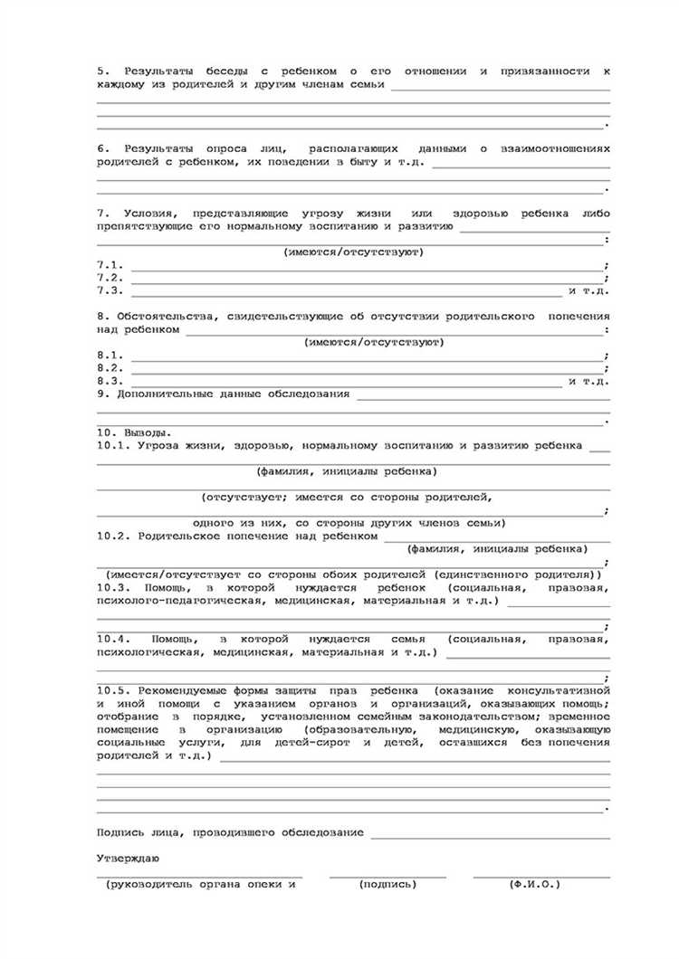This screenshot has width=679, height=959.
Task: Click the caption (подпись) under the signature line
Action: click(x=387, y=884)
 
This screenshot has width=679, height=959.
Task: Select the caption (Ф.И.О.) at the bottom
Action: click(x=535, y=884)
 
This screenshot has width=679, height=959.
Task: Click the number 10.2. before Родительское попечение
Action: click(x=114, y=536)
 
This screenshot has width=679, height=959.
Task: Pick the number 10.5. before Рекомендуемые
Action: click(x=114, y=690)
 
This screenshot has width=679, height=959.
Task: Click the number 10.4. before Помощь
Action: click(x=114, y=639)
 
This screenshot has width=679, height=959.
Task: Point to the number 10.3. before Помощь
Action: click(x=114, y=587)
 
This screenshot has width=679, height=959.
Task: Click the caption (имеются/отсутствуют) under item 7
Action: click(x=353, y=252)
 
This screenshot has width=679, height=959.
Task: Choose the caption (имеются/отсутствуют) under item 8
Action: click(x=373, y=343)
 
